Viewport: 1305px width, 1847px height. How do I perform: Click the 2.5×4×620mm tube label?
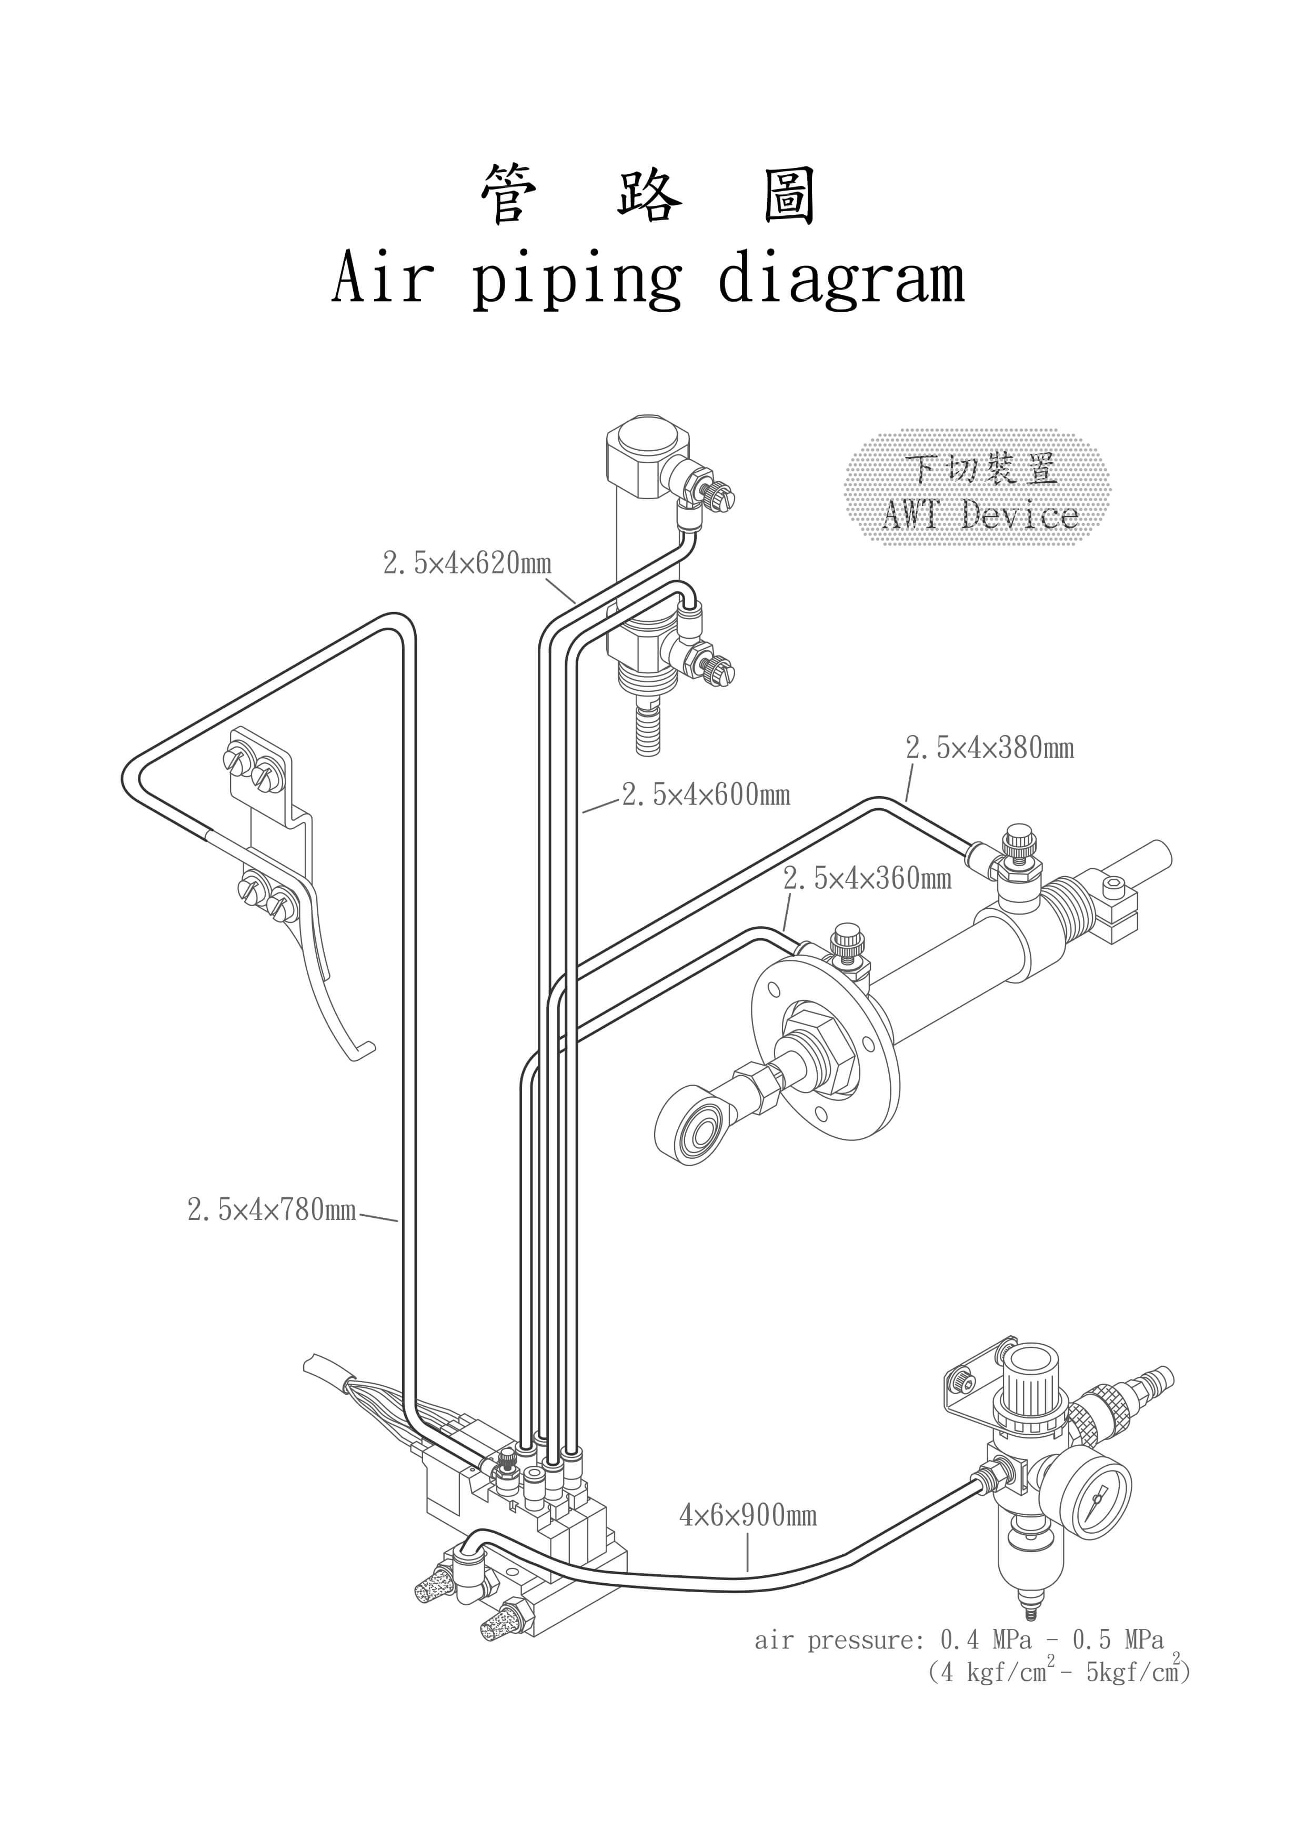click(467, 563)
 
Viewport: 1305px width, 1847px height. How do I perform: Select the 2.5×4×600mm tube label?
click(706, 795)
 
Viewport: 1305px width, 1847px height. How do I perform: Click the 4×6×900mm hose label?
click(748, 1516)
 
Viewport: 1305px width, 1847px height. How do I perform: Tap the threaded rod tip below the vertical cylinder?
click(648, 730)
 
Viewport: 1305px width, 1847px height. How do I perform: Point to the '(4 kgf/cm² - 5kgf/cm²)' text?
click(1059, 1672)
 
